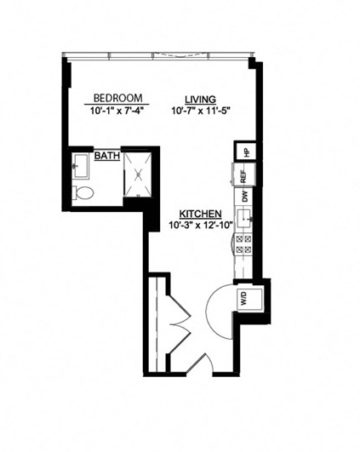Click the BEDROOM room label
117,97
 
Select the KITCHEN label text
200,213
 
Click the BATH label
106,157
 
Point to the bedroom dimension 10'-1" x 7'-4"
117,110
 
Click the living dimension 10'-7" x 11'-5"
201,110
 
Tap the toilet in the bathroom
83,193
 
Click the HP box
245,152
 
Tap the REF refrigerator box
243,176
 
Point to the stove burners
243,246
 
